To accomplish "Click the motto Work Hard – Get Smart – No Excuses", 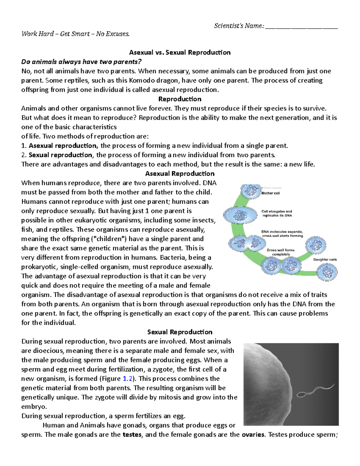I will (76, 34).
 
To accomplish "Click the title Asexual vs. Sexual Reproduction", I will (180, 53).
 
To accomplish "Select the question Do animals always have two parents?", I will (81, 62).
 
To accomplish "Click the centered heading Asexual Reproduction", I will (180, 174).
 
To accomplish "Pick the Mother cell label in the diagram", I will (270, 193).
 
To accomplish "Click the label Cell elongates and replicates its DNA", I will (277, 213).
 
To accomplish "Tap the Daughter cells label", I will (325, 260).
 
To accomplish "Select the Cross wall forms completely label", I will (281, 252).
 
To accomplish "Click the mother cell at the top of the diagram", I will (251, 191).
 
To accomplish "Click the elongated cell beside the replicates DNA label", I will (240, 215).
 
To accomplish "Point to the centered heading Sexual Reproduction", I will (180, 332).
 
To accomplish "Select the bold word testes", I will (132, 435).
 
